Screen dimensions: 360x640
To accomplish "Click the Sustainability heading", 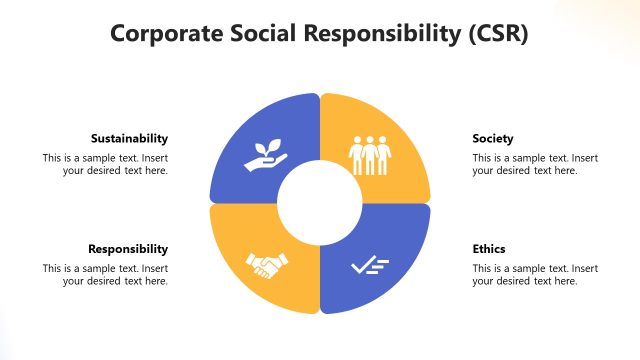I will pos(129,138).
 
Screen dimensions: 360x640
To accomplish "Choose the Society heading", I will pos(493,138).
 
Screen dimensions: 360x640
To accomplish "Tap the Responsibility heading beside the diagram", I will pos(128,248).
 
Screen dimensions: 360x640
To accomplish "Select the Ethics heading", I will pos(489,248).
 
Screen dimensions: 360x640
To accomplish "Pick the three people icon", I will pos(370,153).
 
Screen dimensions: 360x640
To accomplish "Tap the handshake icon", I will pos(267,265).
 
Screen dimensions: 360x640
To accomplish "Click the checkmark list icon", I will pos(370,265).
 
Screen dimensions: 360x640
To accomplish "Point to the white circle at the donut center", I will pos(320,203).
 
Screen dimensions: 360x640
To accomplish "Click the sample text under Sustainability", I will pos(105,164).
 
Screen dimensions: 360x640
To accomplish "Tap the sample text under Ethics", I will pos(535,274).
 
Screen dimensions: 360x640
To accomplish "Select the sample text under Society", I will pos(535,164).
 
